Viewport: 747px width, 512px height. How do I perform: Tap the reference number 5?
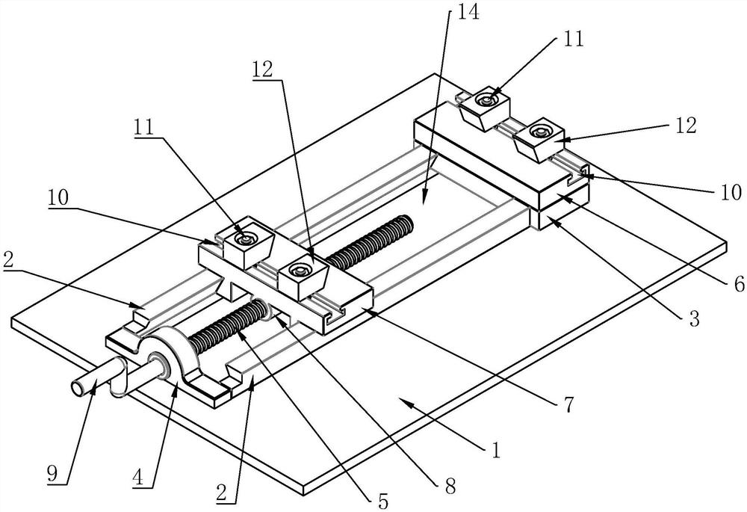coord(382,502)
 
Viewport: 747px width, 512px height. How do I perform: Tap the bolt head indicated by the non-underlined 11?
coord(486,99)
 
